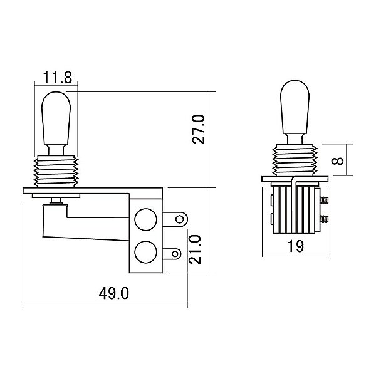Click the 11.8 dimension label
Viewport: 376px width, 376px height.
(57, 77)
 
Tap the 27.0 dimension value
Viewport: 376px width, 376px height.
(199, 129)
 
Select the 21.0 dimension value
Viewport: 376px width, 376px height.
(195, 249)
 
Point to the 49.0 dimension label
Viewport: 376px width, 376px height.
(113, 293)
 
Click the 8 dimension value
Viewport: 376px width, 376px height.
(337, 160)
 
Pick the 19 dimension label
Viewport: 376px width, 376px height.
(295, 246)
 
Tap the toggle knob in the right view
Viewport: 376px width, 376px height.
(295, 107)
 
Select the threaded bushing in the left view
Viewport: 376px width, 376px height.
(56, 172)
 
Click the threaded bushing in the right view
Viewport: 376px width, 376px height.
(295, 160)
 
